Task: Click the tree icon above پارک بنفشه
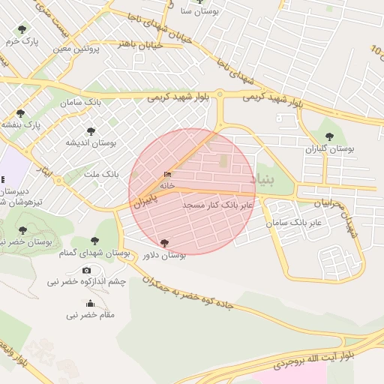pos(20,113)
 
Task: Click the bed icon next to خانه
pos(166,175)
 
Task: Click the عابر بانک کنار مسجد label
pos(218,204)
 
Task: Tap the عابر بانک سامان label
pos(292,223)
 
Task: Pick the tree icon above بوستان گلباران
pos(329,136)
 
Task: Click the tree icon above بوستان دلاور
pos(164,242)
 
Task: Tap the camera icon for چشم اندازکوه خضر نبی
pos(86,270)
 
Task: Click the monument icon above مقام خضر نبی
pos(91,303)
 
